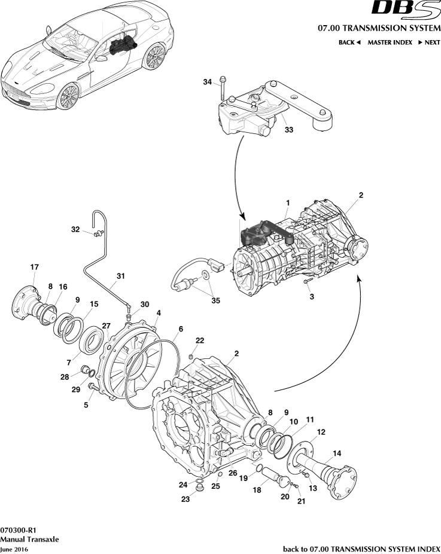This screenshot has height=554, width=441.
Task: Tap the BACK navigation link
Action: coord(349,42)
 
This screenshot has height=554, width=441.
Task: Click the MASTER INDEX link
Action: coord(390,42)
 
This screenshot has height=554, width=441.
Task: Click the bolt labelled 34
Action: coord(223,90)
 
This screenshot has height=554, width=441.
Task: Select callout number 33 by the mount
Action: coord(288,129)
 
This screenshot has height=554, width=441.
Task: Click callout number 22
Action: coord(199,340)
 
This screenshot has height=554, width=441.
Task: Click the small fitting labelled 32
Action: coord(95,234)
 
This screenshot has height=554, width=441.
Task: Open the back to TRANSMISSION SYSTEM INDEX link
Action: coord(361,549)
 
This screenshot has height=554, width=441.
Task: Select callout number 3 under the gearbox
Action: coord(311,296)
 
